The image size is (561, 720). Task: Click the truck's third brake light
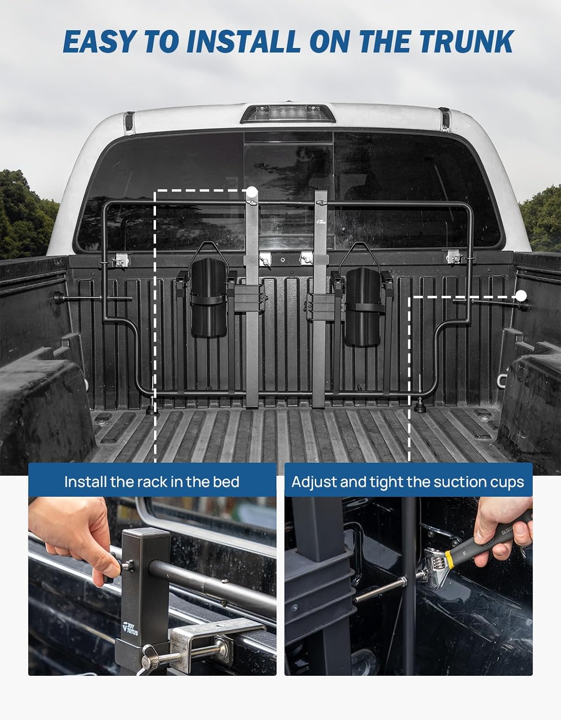[287, 114]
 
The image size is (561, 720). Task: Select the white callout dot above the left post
[252, 192]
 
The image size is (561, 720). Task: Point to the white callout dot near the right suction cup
[521, 296]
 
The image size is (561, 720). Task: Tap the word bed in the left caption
[226, 482]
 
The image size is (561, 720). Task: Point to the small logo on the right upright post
[321, 221]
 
